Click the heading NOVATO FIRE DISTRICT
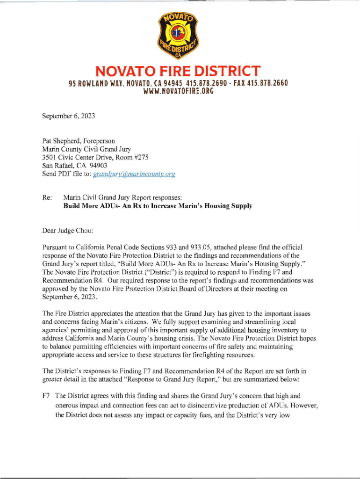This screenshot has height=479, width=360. click(x=178, y=72)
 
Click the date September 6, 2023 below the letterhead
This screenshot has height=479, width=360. click(x=69, y=116)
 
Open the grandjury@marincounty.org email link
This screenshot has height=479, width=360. click(x=134, y=174)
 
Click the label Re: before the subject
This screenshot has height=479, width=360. click(x=47, y=197)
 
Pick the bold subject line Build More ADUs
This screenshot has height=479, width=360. click(x=158, y=206)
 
